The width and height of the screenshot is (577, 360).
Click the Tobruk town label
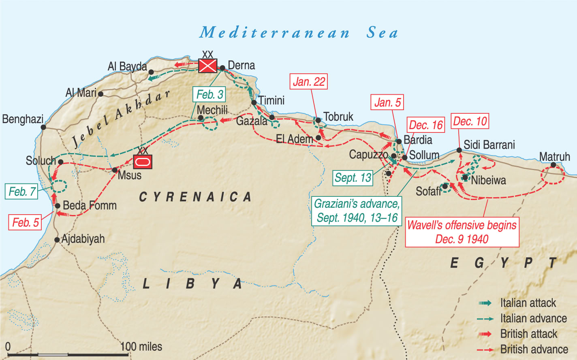tap(338, 117)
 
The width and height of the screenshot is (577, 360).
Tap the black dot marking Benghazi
tap(43, 127)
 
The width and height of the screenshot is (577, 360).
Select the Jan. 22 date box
tap(309, 82)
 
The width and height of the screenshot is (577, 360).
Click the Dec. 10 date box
tap(470, 121)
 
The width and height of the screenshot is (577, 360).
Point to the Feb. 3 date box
tap(209, 95)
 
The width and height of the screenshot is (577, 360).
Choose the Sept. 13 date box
tap(353, 178)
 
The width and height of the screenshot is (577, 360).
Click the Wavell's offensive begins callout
tap(462, 232)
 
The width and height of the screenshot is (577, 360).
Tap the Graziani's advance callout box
tap(357, 211)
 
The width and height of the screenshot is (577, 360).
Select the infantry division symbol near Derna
tap(207, 66)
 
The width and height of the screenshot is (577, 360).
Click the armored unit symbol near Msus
tap(143, 162)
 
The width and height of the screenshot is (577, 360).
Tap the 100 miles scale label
tap(141, 347)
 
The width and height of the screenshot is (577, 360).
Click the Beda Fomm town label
tap(90, 205)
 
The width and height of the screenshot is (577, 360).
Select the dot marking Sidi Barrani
tap(459, 150)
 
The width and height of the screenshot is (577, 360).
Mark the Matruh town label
tap(554, 157)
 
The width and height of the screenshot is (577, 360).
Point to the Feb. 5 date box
tap(26, 222)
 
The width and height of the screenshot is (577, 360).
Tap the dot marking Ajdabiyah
tap(57, 240)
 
